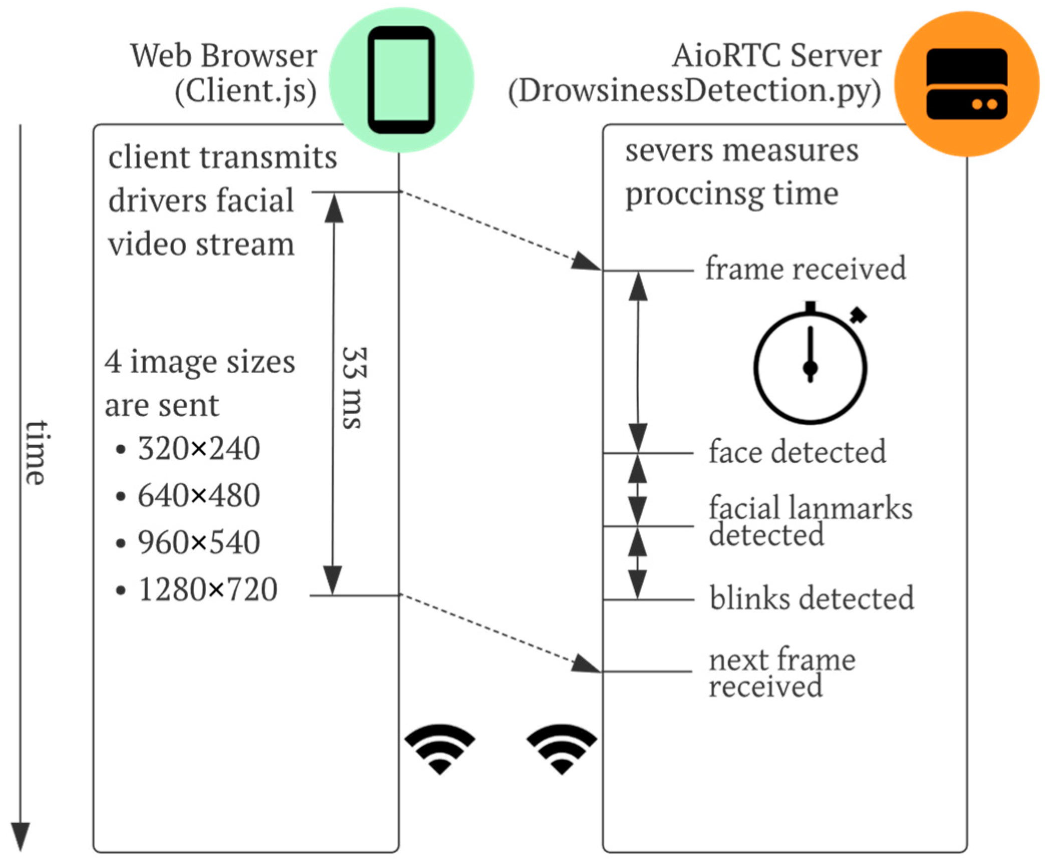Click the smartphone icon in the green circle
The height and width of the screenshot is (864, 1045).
401,80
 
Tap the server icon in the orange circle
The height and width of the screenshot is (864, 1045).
966,84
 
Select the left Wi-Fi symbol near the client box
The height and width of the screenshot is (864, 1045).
440,748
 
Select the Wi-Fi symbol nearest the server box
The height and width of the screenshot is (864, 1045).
562,748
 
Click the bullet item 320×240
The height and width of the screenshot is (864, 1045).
198,448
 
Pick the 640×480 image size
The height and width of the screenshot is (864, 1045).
198,495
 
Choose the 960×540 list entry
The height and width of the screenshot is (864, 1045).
198,542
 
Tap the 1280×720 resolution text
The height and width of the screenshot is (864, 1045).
207,589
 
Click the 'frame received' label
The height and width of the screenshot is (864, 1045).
805,268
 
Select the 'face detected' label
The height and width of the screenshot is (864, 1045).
797,452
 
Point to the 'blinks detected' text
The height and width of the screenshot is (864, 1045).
812,598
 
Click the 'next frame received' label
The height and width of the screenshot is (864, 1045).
781,673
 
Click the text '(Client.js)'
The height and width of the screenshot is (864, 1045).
245,91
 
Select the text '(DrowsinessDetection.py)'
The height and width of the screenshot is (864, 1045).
694,91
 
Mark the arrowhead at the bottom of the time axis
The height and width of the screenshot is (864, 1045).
21,837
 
